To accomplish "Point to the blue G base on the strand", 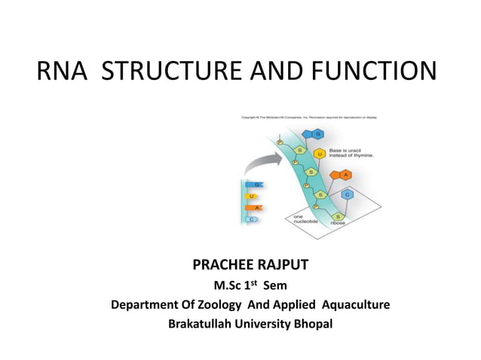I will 318,134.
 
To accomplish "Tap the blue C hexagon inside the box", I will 347,194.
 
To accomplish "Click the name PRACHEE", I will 221,266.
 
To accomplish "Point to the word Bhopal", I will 311,325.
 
